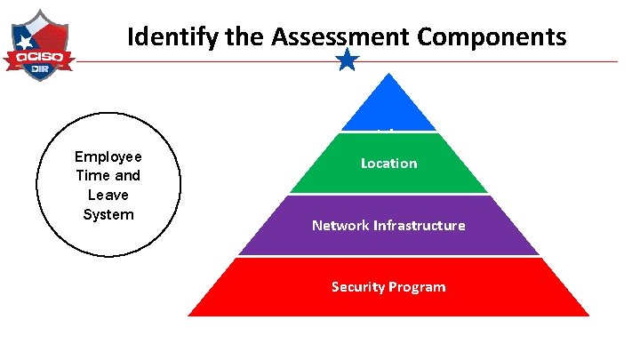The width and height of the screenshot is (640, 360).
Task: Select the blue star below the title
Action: click(348, 60)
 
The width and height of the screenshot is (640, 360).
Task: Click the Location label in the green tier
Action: click(388, 164)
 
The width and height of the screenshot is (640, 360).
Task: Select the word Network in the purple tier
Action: click(338, 226)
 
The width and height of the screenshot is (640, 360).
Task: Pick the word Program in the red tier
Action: click(418, 286)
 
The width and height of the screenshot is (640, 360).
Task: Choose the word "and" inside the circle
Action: click(127, 176)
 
